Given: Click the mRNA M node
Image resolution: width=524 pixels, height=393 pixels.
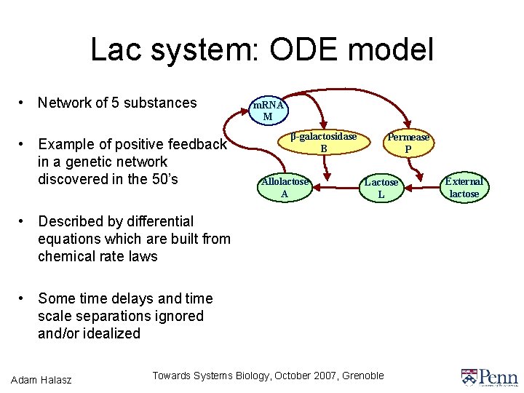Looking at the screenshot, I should (267, 111).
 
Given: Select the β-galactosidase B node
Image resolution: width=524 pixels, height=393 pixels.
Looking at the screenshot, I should (324, 143).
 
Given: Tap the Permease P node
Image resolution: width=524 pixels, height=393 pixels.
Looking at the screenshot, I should (408, 143).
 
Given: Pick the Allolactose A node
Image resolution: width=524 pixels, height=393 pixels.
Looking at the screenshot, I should (285, 187).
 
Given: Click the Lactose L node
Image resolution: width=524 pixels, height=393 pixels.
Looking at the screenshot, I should (381, 188).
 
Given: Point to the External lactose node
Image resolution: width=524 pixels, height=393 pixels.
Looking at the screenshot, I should (464, 187).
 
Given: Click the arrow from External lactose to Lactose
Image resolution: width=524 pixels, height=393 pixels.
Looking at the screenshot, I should (423, 188).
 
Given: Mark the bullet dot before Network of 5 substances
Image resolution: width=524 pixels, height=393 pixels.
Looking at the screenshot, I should (24, 103).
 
